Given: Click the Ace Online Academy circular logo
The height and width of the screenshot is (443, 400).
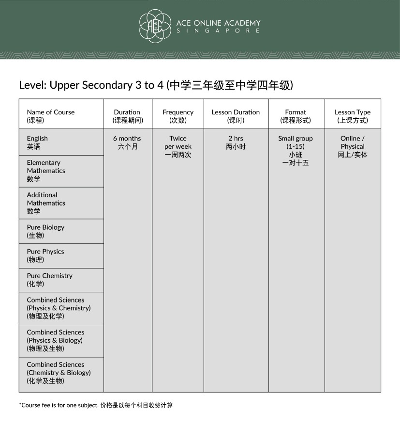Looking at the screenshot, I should pyautogui.click(x=155, y=26).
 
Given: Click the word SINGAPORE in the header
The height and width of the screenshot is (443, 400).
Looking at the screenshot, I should pyautogui.click(x=218, y=31).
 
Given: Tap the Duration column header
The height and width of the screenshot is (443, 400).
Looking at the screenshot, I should pyautogui.click(x=127, y=116).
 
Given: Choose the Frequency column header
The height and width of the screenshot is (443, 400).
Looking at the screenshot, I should pyautogui.click(x=178, y=116).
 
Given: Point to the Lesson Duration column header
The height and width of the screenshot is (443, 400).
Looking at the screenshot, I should pyautogui.click(x=236, y=116).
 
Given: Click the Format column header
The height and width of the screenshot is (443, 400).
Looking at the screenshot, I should pyautogui.click(x=296, y=116).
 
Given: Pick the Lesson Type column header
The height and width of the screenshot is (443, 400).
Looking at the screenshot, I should pyautogui.click(x=353, y=116).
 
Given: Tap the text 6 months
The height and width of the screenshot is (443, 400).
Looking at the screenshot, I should pyautogui.click(x=127, y=139).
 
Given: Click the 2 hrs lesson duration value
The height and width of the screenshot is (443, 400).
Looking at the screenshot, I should pyautogui.click(x=236, y=139).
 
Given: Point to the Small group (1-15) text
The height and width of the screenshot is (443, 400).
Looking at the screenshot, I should pyautogui.click(x=296, y=142).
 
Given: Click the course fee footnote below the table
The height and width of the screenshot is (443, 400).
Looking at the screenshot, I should pyautogui.click(x=96, y=405).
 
